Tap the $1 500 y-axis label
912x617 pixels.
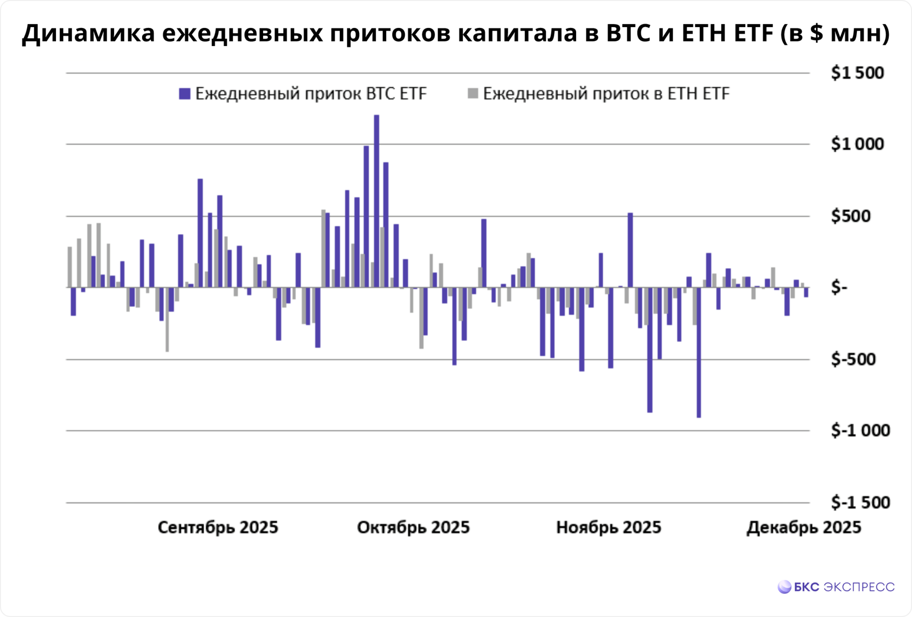coord(857,73)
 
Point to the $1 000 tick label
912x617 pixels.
coord(857,144)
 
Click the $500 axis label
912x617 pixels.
coord(850,216)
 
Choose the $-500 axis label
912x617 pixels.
coord(853,360)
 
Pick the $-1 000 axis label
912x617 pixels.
coord(860,431)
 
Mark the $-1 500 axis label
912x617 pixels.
coord(860,503)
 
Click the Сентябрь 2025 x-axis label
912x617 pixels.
coord(218,528)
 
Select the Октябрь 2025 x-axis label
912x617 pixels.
coord(413,528)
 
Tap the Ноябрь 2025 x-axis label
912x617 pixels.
coord(608,528)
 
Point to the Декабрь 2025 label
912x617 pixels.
coord(804,528)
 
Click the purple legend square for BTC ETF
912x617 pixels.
coord(184,94)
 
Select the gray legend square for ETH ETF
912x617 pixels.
coord(473,94)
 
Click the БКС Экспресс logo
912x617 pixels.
coord(836,587)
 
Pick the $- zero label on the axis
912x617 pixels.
coord(839,288)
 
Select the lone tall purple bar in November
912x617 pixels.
coord(630,250)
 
